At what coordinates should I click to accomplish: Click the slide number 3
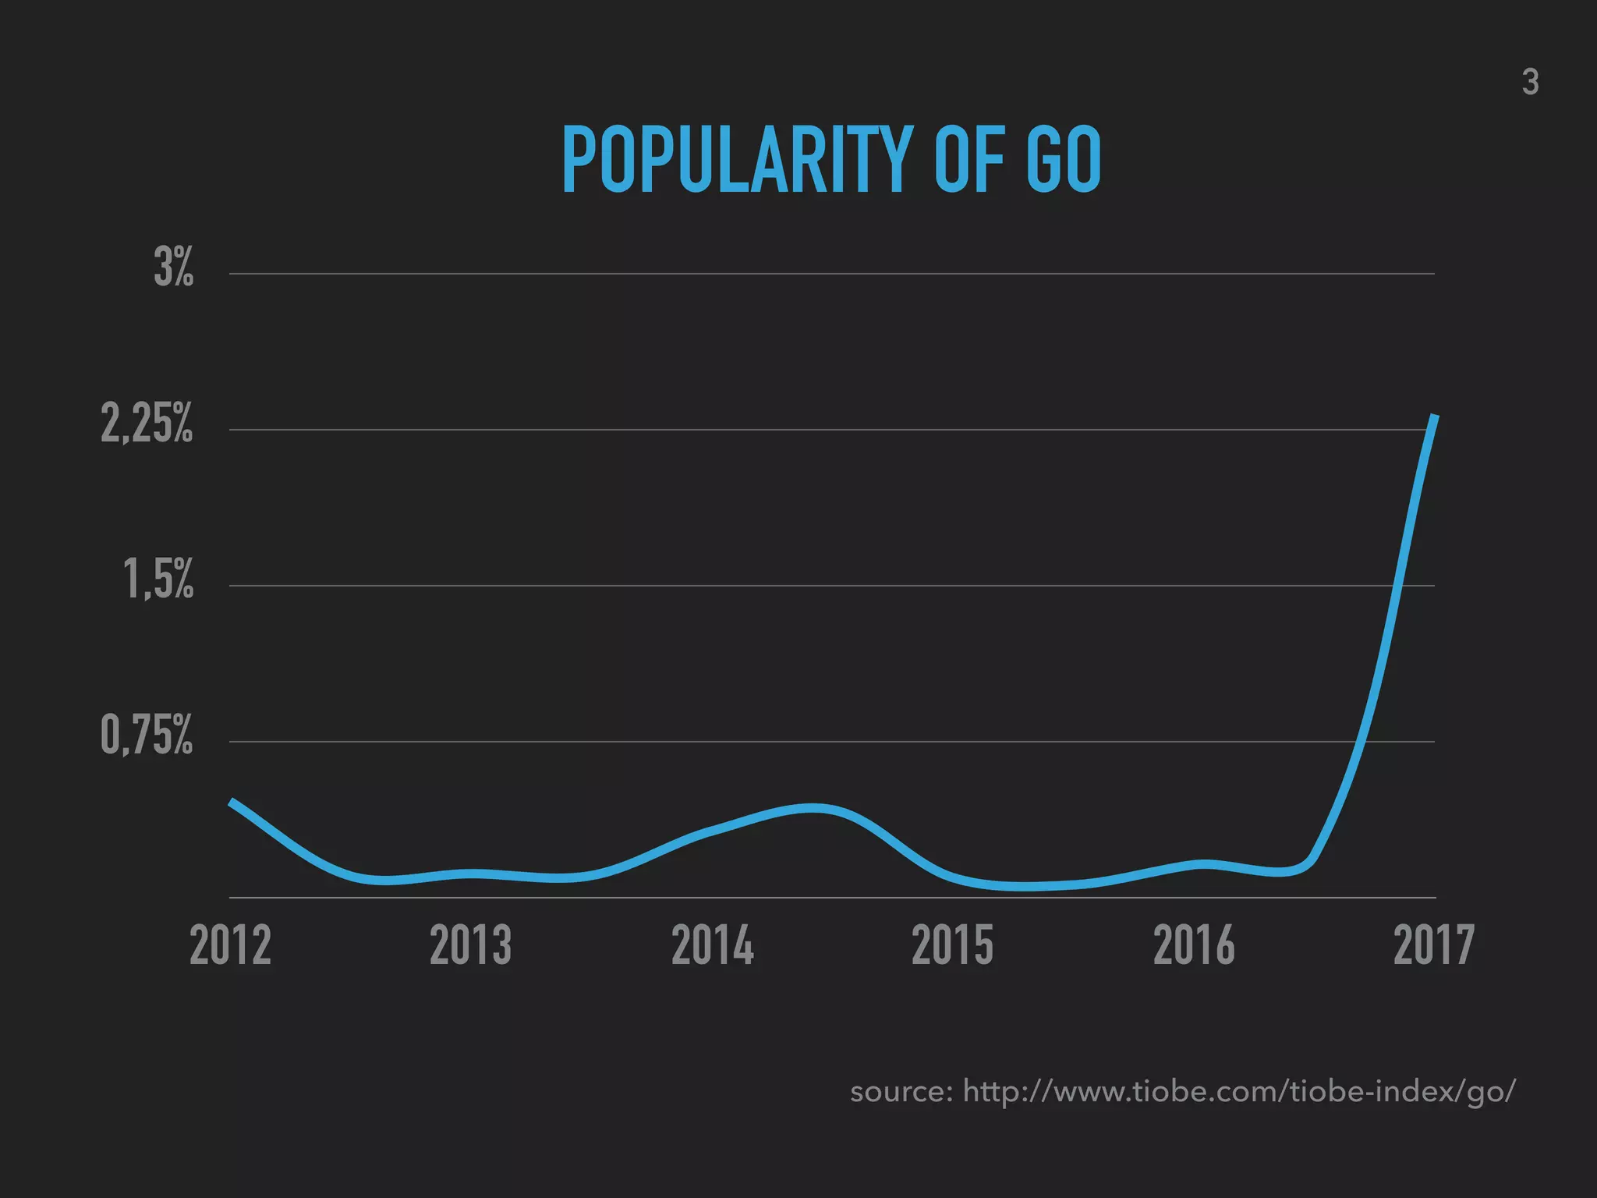click(1530, 83)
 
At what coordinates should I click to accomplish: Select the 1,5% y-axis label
click(158, 580)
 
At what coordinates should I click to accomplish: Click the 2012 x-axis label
click(230, 945)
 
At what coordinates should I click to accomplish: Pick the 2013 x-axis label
click(470, 945)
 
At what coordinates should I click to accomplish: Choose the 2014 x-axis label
click(712, 945)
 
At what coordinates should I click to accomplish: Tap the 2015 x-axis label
click(952, 945)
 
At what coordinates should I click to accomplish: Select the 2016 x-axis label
click(1194, 945)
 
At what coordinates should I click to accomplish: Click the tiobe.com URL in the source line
click(1239, 1091)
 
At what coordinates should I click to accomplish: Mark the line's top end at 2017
click(1435, 416)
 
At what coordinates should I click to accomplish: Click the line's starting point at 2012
click(231, 801)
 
